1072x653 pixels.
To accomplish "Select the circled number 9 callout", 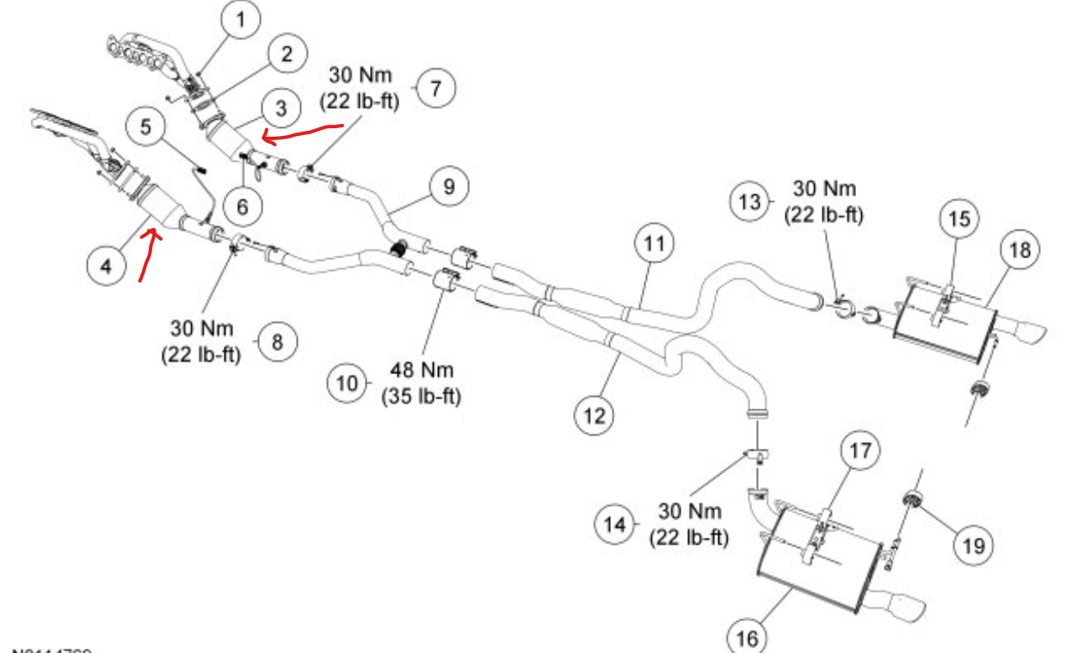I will click(449, 187).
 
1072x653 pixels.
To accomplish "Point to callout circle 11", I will click(656, 244).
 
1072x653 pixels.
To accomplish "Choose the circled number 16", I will click(746, 638).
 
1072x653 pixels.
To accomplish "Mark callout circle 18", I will click(1020, 250).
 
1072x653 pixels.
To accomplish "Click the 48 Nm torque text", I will click(422, 370).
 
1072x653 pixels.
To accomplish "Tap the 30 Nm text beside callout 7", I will click(360, 75).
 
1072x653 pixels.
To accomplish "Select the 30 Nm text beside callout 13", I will click(823, 188).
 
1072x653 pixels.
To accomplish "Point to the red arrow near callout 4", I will click(148, 254).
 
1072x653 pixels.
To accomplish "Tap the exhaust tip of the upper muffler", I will click(1023, 330).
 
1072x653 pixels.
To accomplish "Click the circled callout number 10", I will click(347, 382).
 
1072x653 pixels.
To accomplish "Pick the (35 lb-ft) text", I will click(422, 397).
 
